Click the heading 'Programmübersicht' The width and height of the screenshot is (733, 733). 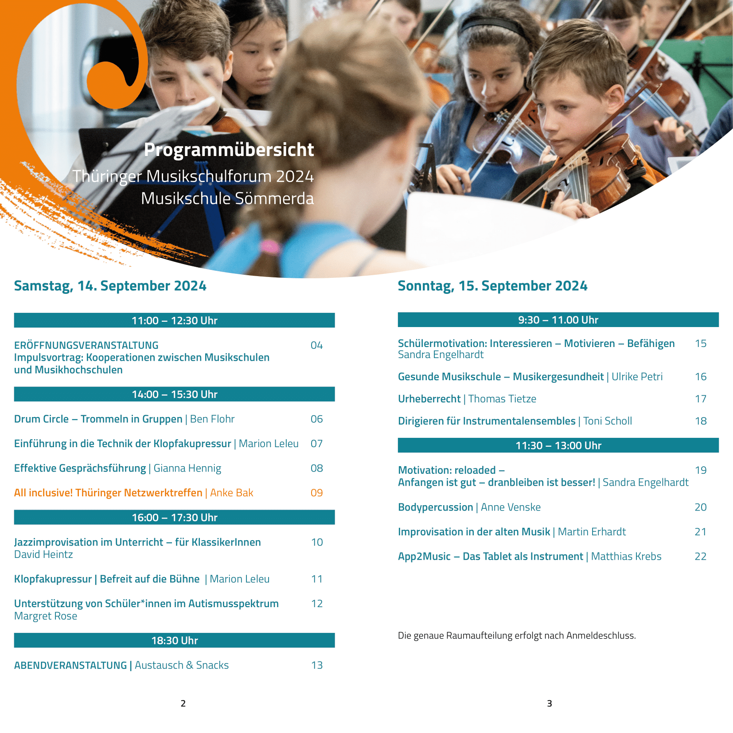[x=229, y=150]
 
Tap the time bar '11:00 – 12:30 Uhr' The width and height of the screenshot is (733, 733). [x=174, y=320]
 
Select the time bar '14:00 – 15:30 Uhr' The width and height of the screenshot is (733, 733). [x=174, y=394]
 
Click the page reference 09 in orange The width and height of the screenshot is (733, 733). [x=316, y=493]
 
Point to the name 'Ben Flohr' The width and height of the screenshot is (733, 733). [x=212, y=419]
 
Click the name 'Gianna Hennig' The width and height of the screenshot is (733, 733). [x=187, y=468]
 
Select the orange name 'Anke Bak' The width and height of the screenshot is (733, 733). [x=231, y=493]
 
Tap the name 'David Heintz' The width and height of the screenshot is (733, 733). [x=43, y=554]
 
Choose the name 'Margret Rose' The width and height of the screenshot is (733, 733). [x=46, y=616]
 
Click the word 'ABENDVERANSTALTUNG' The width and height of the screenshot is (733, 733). [x=70, y=665]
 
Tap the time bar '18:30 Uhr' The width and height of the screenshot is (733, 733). [x=174, y=640]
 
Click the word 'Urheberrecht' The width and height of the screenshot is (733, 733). [x=429, y=399]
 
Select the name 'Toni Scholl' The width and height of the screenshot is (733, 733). [x=607, y=421]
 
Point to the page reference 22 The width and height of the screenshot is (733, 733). [x=700, y=556]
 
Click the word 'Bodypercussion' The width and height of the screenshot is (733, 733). [x=435, y=507]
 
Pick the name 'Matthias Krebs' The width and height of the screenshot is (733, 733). [x=626, y=556]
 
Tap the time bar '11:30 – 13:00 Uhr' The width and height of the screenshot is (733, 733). [x=558, y=445]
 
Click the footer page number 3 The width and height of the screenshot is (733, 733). [x=550, y=703]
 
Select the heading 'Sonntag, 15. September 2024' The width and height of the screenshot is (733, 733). [x=492, y=286]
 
